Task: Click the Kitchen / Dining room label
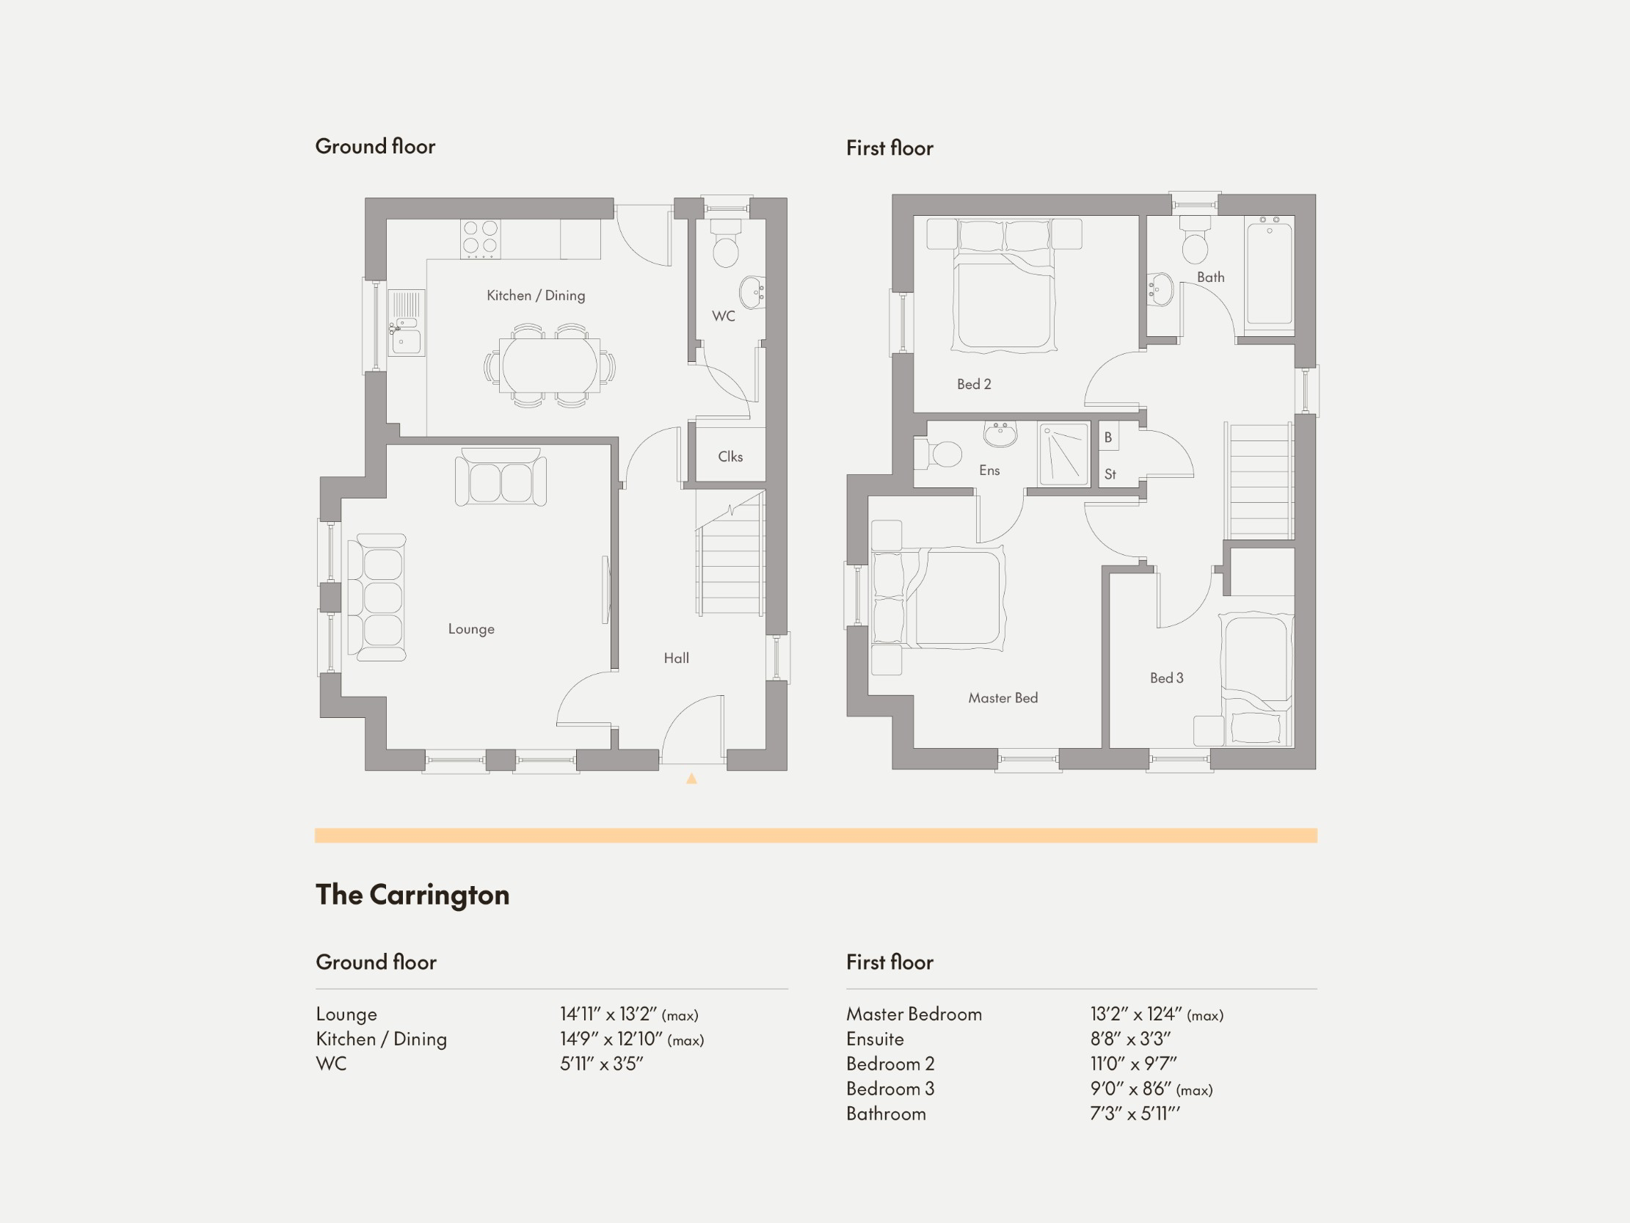click(536, 296)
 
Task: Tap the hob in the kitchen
click(480, 239)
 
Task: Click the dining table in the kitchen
click(550, 366)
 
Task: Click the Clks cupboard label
click(730, 457)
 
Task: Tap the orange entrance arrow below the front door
click(691, 778)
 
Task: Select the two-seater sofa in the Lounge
click(501, 479)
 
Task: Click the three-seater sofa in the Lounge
click(378, 597)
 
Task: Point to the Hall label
click(676, 658)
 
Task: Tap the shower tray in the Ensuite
click(1064, 454)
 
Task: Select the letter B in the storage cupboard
click(1107, 438)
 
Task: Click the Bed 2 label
click(973, 384)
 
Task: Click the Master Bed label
click(1003, 698)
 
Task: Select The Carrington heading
click(412, 895)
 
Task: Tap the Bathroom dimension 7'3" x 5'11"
click(1134, 1114)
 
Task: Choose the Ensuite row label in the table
click(875, 1039)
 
